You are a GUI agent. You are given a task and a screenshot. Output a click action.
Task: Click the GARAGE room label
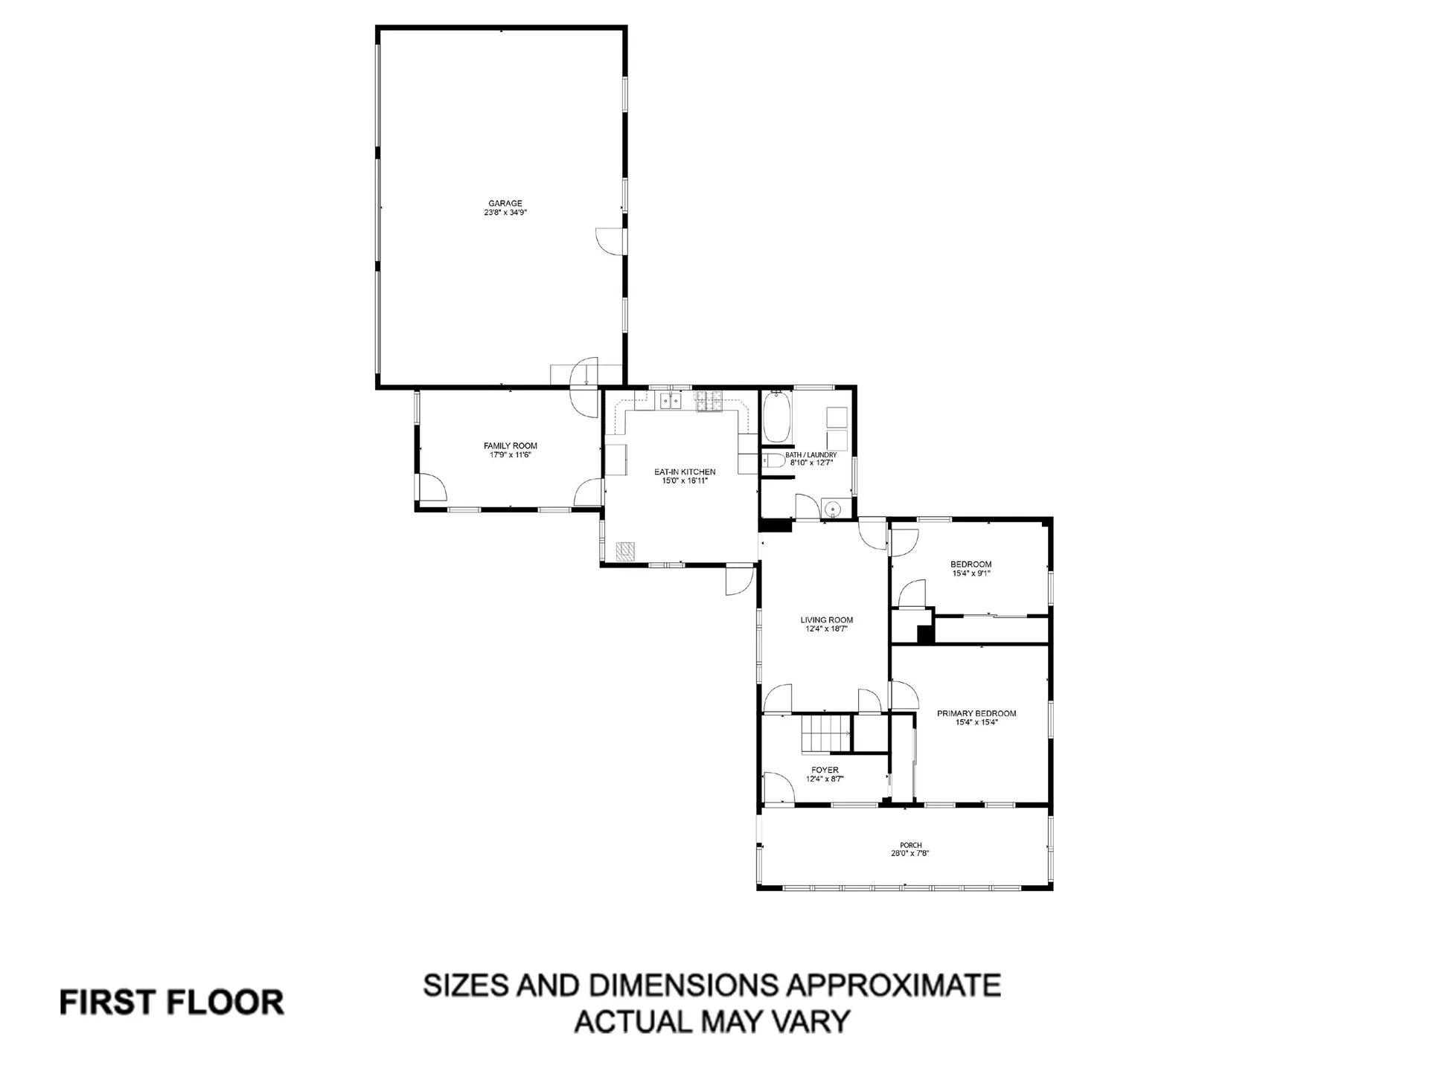point(505,203)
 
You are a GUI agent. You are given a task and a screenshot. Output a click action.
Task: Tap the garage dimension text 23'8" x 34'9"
point(505,213)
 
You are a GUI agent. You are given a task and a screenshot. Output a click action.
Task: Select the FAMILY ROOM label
point(510,446)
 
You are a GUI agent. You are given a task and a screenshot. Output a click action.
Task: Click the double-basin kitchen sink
point(670,402)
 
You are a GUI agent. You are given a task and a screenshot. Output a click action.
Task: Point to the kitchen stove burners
point(709,402)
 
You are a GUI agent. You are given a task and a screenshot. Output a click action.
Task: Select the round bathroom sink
point(833,509)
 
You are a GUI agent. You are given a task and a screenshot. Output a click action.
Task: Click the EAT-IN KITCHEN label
point(684,472)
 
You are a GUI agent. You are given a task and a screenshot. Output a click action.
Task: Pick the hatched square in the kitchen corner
point(626,551)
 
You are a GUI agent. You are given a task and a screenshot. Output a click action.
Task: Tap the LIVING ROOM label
point(826,620)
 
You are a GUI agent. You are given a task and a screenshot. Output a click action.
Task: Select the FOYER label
point(825,770)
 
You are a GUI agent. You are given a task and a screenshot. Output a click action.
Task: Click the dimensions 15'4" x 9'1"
point(971,573)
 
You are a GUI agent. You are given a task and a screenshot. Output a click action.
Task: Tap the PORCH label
point(910,845)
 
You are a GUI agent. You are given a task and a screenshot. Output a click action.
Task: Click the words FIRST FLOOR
point(171,1003)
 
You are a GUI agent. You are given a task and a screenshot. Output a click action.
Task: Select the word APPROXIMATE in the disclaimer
point(893,985)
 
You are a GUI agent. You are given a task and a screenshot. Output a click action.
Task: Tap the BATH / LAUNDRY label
point(811,455)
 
